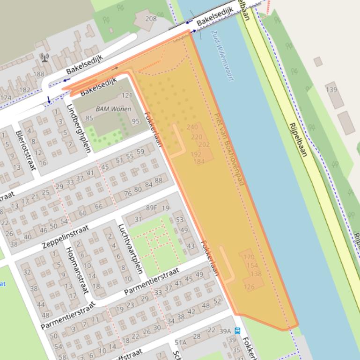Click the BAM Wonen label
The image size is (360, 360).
click(113, 109)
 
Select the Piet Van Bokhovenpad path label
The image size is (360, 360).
click(229, 149)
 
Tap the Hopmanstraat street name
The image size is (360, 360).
click(77, 270)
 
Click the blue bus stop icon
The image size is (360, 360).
click(237, 331)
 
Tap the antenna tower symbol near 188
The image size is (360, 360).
click(44, 58)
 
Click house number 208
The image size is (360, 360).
click(151, 19)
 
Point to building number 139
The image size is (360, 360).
click(331, 89)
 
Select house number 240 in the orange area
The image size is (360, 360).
click(192, 127)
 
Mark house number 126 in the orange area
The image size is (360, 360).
click(249, 287)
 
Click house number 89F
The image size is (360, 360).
click(151, 208)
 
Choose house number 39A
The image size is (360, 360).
click(225, 331)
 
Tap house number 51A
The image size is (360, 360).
click(181, 342)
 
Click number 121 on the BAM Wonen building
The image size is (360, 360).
click(127, 95)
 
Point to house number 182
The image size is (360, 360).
click(24, 90)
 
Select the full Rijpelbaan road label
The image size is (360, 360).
click(298, 140)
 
